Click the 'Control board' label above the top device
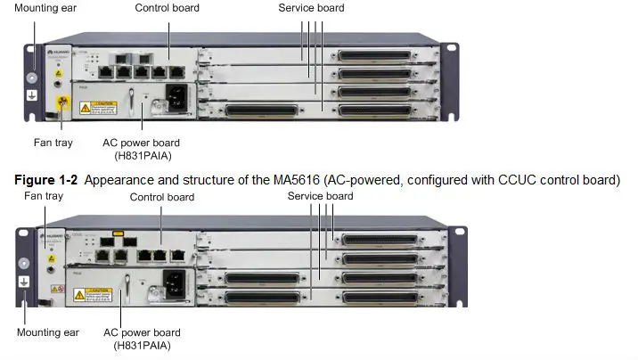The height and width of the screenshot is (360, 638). coord(167,8)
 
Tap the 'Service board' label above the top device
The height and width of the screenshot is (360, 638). coord(310,8)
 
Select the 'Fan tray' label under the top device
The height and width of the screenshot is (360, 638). coord(54,143)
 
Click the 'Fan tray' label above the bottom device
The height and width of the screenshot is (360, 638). coord(45,195)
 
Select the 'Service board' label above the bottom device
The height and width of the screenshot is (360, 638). coord(320,196)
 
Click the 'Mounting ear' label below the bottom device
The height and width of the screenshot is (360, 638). coord(48,332)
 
